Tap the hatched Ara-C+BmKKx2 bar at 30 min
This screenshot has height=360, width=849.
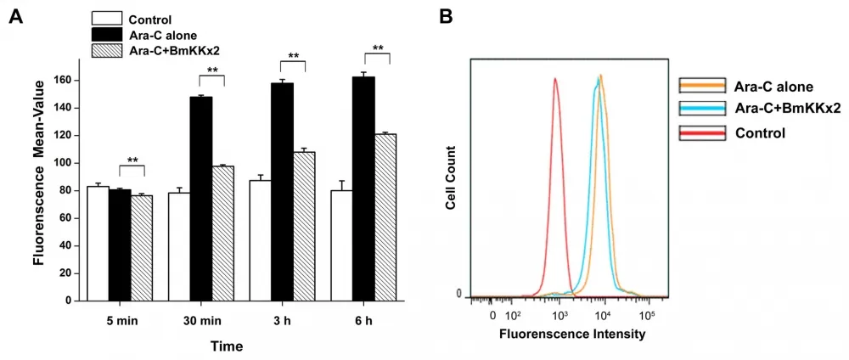[222, 233]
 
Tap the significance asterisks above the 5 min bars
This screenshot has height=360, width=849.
[132, 160]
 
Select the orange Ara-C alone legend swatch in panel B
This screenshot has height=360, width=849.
[702, 85]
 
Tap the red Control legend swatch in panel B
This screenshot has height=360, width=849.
[702, 132]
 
